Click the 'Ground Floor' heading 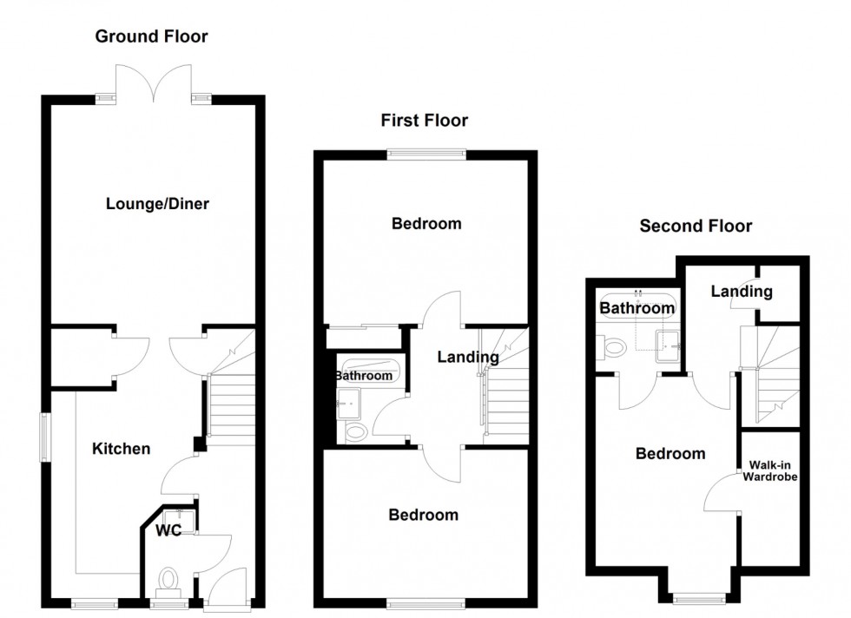(x=151, y=36)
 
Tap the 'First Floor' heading (x=424, y=120)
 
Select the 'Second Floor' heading (x=696, y=227)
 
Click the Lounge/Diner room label (x=157, y=204)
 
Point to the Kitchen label (x=122, y=449)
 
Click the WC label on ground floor (x=168, y=530)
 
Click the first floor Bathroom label (x=364, y=376)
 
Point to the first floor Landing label (x=467, y=356)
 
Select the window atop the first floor (x=425, y=155)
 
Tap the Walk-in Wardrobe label (x=769, y=471)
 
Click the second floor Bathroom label (x=637, y=307)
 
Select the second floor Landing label (x=741, y=292)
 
